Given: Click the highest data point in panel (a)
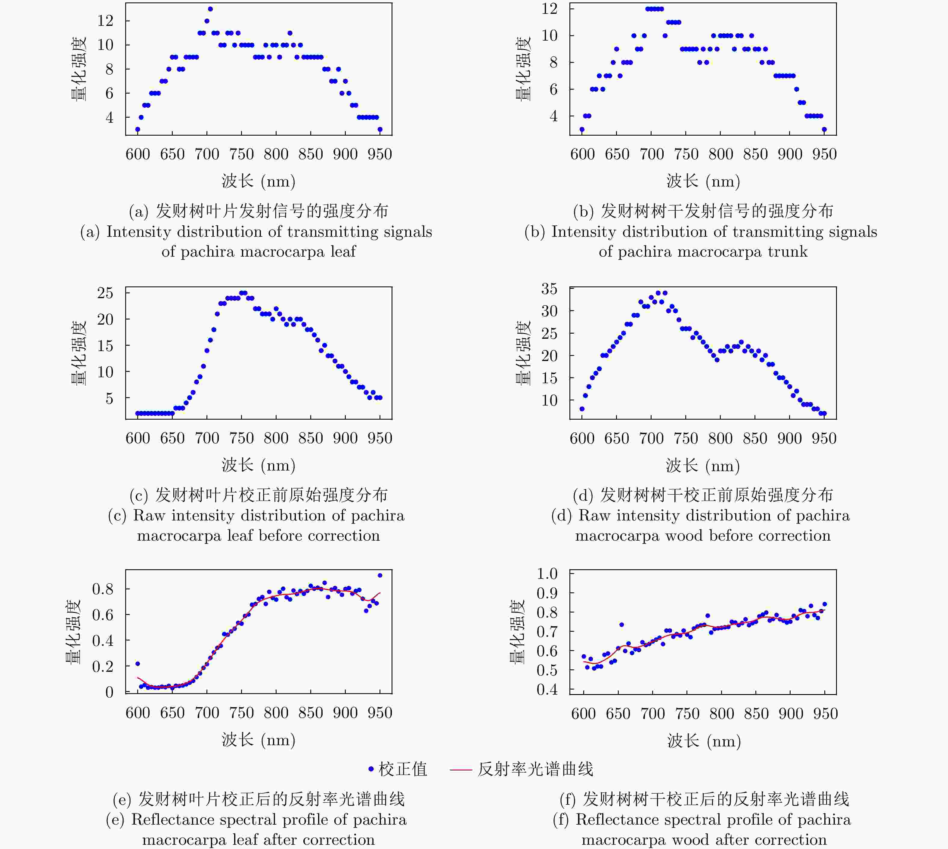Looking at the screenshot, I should coord(210,9).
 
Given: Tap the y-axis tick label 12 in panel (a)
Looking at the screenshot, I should coord(105,20).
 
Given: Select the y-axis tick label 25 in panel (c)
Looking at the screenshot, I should coord(105,293).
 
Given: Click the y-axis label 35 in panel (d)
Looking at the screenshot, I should coord(549,289).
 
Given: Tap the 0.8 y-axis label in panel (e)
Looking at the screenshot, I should coord(103,589).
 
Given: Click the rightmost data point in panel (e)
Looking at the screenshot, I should coord(380,576).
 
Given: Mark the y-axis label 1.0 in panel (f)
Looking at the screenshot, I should coord(547,573).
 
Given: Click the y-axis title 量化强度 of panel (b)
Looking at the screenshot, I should coord(523,69).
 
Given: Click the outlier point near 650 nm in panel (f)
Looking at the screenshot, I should coord(621,625).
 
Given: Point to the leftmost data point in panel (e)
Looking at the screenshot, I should coord(138,664).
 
